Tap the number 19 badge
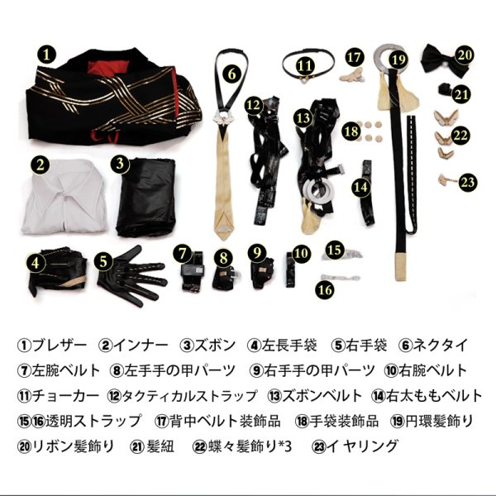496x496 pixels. coord(399,59)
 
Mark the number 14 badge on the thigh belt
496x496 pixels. coord(360,188)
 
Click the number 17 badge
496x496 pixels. coord(355,57)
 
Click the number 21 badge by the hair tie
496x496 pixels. coord(461,94)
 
